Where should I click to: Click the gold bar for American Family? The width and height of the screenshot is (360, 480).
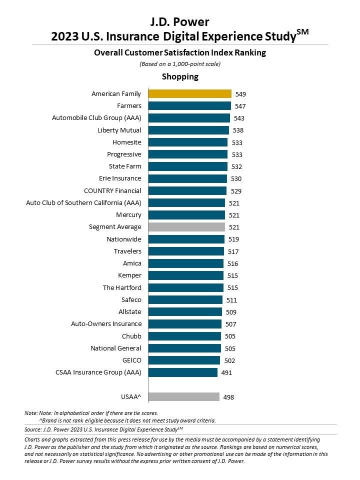190,93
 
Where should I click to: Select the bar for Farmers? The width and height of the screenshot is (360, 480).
189,105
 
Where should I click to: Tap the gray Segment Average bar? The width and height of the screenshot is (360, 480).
186,227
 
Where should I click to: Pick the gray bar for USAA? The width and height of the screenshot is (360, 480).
184,397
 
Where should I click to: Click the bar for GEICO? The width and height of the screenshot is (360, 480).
184,360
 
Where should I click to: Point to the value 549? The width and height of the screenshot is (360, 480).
240,94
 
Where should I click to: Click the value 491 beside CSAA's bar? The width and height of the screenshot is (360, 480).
226,372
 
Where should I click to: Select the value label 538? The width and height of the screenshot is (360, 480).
238,130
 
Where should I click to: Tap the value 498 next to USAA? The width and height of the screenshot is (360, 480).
228,397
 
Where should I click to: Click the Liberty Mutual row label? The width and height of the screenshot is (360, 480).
119,130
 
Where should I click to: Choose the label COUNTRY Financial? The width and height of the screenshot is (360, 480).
112,190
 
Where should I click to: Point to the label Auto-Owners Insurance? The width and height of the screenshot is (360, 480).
106,324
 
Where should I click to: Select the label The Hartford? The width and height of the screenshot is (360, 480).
122,287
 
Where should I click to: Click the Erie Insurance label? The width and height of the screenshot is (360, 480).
120,178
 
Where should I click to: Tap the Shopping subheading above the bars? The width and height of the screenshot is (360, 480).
180,76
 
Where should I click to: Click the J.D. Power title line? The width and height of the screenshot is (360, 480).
180,21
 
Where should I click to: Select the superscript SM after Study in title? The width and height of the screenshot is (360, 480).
303,32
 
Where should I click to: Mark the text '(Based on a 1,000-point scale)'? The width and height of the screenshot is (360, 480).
180,64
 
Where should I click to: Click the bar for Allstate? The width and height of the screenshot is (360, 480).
185,311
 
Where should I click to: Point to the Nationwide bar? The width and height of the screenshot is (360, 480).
186,239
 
